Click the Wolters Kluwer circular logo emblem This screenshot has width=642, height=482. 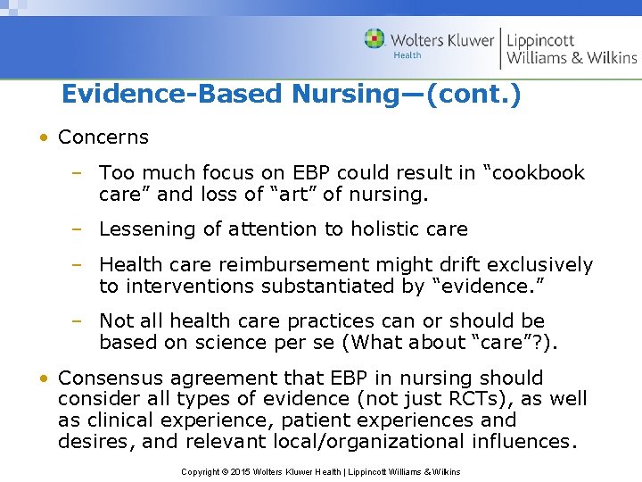point(374,39)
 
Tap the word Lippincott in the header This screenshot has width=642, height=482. point(540,40)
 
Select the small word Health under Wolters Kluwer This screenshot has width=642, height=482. point(407,55)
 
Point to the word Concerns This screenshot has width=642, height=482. point(103,137)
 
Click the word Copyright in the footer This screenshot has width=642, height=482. point(201,471)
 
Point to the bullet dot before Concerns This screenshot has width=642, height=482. point(43,138)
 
